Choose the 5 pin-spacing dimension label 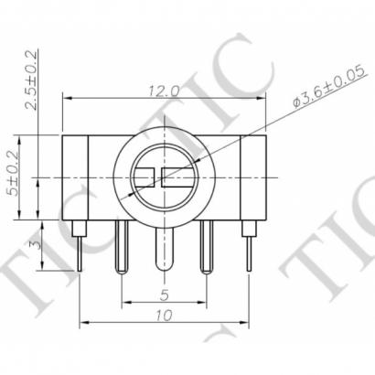(163, 295)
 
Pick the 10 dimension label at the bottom (163, 316)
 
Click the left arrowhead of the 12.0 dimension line (66, 96)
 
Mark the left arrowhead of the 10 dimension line (84, 322)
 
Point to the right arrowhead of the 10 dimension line (244, 322)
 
